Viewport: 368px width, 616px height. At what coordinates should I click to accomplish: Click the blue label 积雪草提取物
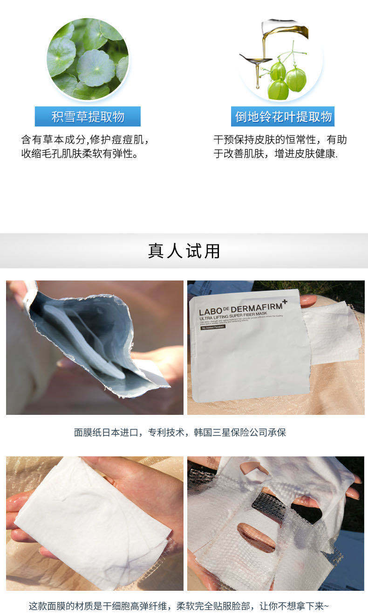(x=88, y=117)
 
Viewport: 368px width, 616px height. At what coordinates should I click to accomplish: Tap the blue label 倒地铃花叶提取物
(x=283, y=117)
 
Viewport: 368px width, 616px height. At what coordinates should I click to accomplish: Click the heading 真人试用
(x=184, y=251)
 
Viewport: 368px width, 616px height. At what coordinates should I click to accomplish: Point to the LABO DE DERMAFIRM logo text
(x=242, y=310)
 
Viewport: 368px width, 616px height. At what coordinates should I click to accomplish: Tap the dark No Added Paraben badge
(x=212, y=327)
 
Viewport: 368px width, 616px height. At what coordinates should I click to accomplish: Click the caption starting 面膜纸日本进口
(x=180, y=433)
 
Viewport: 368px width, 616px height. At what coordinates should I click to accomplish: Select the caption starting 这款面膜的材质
(x=179, y=606)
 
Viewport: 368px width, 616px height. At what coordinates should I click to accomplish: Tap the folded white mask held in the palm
(x=93, y=523)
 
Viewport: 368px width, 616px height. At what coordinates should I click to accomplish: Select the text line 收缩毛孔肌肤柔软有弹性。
(x=80, y=154)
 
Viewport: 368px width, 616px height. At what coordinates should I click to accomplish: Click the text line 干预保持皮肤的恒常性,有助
(x=280, y=140)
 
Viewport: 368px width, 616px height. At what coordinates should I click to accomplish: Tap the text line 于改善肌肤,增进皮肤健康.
(x=275, y=154)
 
